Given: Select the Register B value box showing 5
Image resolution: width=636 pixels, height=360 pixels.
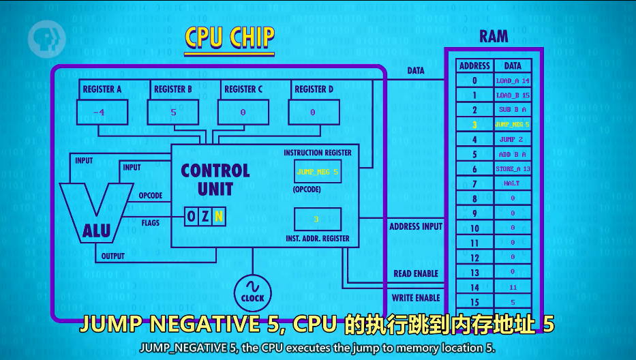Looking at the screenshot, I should pos(173,112).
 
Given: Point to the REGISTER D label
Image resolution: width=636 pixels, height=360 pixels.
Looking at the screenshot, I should pos(313,89).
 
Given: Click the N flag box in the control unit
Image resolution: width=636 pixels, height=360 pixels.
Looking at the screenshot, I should pos(218,217).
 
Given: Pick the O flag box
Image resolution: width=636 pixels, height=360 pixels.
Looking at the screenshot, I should pos(192,217).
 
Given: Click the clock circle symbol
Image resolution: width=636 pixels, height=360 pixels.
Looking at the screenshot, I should pos(252,291).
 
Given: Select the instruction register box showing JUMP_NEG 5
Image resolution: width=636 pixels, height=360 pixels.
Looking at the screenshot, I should pos(317,172).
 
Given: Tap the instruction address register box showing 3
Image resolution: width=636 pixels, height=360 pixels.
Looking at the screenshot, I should pos(317,219).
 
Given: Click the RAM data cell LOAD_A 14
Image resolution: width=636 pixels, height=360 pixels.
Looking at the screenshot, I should pos(513,80).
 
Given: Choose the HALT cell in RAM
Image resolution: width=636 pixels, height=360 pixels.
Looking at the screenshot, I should pos(513,183).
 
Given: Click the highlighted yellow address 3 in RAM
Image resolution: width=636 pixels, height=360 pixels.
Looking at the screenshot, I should pos(474,125).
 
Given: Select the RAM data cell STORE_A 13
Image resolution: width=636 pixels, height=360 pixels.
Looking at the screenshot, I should pos(513,169).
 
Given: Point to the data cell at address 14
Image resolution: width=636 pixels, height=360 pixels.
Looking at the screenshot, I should pos(513,287).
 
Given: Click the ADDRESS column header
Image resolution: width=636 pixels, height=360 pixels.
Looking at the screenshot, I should pos(474,66).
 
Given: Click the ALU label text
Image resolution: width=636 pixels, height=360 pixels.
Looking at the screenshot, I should pos(96,231).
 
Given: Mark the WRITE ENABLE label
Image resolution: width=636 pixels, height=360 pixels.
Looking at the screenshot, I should pos(416,298).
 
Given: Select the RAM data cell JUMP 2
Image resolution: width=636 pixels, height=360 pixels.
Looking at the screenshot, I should pos(513,139).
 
